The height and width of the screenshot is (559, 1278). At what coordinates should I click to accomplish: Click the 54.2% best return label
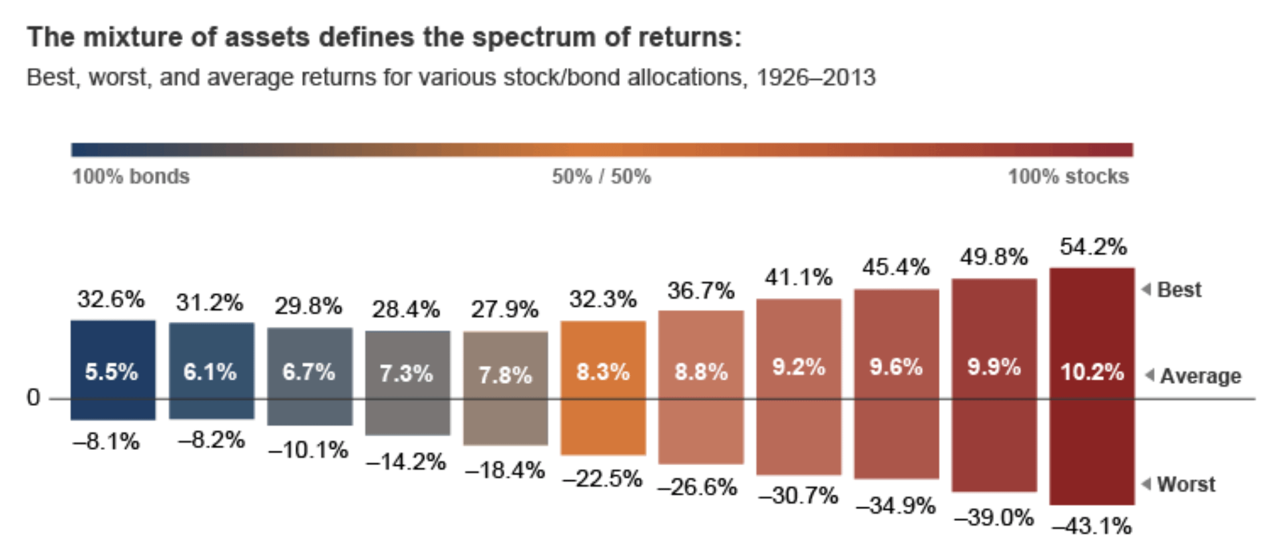point(1093,248)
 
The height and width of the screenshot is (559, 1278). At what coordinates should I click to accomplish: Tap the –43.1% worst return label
point(1092,526)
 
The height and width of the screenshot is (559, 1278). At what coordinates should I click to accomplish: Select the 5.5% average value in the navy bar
point(111,372)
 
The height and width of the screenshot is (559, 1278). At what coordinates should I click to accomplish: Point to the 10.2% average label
point(1092,372)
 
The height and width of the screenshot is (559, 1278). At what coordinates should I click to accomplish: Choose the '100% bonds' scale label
point(130,176)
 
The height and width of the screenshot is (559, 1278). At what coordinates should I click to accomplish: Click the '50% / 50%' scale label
point(601,176)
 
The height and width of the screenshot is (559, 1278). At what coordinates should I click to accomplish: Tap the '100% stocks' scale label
point(1068,176)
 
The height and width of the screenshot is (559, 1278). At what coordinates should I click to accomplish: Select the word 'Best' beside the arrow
point(1179,290)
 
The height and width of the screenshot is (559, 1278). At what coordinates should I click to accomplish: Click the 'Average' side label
point(1200,376)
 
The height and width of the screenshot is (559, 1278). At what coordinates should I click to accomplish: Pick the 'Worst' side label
point(1185,484)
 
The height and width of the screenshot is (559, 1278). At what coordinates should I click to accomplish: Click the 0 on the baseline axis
point(33,398)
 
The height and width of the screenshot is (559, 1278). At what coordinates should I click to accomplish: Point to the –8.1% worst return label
point(106,441)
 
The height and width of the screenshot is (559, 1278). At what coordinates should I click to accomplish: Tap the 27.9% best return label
point(505,309)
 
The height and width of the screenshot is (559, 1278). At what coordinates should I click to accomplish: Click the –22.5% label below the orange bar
point(602,478)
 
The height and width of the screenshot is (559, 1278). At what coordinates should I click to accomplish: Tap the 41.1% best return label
point(798,277)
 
